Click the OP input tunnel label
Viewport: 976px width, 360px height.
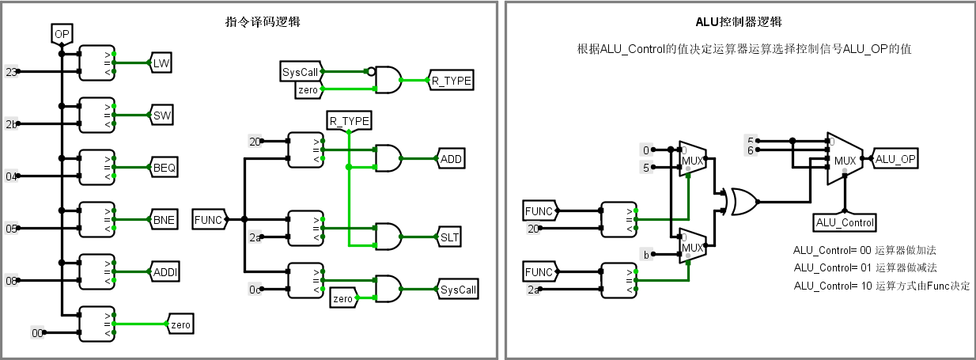click(62, 34)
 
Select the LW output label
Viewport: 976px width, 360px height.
click(161, 63)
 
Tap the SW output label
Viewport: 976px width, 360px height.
click(162, 116)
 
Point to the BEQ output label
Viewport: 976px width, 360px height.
click(165, 168)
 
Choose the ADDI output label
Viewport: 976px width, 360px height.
click(165, 272)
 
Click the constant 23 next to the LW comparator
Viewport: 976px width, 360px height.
click(11, 72)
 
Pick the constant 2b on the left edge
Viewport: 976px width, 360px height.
click(11, 124)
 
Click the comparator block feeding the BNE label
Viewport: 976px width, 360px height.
click(97, 220)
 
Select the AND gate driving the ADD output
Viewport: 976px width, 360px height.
click(388, 159)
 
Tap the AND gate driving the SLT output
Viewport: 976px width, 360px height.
click(388, 237)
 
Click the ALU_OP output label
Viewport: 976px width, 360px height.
click(896, 159)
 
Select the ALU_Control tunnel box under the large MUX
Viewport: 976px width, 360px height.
click(844, 222)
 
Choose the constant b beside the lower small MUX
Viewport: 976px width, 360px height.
click(646, 254)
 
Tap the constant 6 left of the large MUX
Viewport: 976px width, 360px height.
click(751, 150)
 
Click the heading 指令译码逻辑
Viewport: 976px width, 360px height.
click(263, 22)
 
